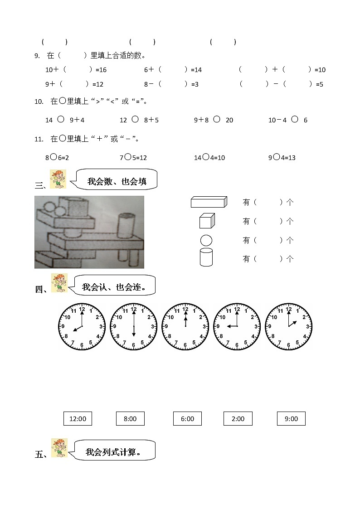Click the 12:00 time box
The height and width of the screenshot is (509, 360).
[x=78, y=419]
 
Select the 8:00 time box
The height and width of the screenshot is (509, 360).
[x=130, y=419]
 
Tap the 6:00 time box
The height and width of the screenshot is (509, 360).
[x=187, y=419]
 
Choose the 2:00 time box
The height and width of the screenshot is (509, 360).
[x=238, y=419]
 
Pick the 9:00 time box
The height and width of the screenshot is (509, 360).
[x=291, y=419]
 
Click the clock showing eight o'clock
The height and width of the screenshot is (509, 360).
[x=82, y=327]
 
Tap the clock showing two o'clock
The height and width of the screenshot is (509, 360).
[x=288, y=327]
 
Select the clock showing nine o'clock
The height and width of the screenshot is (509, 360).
[x=237, y=327]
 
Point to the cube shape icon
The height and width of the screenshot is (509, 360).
[x=206, y=221]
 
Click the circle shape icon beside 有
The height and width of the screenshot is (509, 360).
[x=206, y=240]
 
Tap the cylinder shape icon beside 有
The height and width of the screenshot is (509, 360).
[x=206, y=257]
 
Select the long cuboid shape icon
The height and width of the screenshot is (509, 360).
[x=209, y=202]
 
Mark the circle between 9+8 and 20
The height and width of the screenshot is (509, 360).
[x=217, y=119]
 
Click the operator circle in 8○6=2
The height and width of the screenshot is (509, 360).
[x=54, y=157]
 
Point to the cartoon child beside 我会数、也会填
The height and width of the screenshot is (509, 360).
[x=58, y=179]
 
